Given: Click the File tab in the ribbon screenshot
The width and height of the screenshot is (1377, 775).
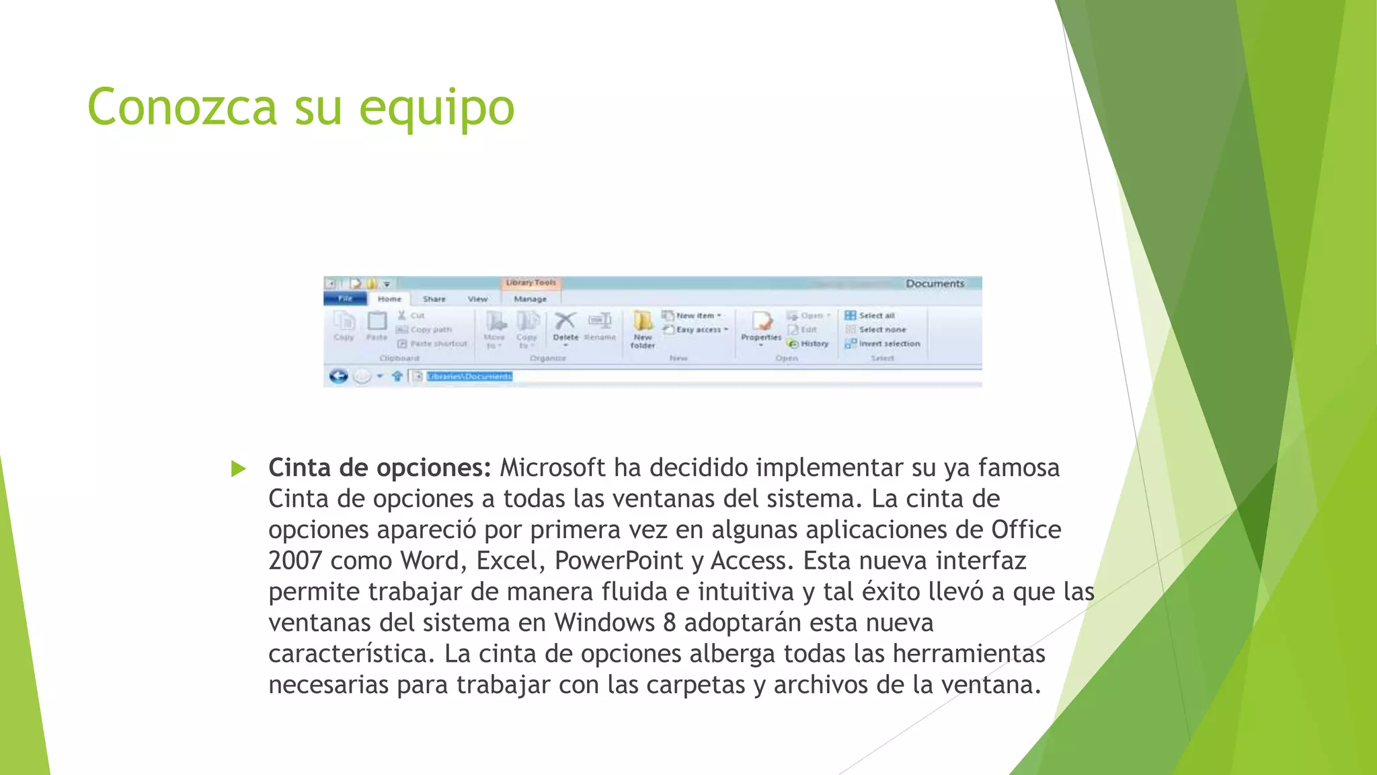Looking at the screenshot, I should (x=345, y=299).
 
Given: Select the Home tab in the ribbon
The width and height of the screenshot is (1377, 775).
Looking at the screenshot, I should (x=389, y=299).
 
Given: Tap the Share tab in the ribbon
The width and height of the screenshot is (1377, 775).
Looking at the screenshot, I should (x=434, y=299).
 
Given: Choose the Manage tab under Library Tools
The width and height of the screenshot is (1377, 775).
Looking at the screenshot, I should (x=530, y=299).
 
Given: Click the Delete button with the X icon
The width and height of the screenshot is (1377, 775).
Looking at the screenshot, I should (x=565, y=326).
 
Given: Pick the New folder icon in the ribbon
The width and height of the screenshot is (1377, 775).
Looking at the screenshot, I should (x=643, y=329).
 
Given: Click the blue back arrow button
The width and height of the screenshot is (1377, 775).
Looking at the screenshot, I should (x=338, y=376).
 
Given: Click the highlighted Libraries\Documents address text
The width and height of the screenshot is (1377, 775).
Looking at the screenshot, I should (x=469, y=376).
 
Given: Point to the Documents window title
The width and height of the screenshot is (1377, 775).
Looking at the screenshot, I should (x=935, y=283).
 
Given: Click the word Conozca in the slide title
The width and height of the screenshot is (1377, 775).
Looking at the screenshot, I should (x=182, y=108).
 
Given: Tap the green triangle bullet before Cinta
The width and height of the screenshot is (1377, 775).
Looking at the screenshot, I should (x=238, y=468).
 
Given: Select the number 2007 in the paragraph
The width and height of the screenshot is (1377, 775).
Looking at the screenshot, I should (x=294, y=561).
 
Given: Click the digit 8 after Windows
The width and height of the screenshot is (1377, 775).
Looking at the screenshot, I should (x=669, y=623).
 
